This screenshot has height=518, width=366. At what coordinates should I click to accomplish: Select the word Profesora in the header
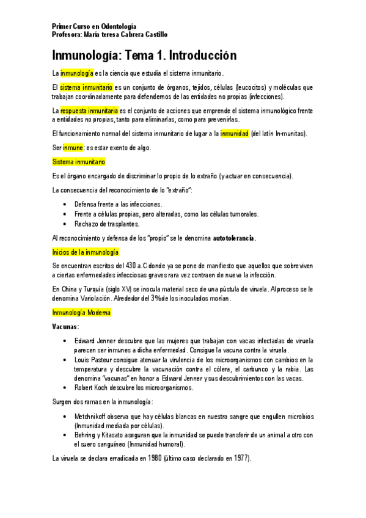click(67, 34)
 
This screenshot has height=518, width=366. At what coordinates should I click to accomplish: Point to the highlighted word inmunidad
click(235, 133)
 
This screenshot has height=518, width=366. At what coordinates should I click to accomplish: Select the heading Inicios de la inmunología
click(86, 252)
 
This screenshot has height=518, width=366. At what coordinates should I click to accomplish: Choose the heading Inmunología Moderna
click(82, 313)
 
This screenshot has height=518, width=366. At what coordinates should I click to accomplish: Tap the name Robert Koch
click(92, 387)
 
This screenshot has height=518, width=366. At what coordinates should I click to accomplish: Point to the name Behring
click(86, 435)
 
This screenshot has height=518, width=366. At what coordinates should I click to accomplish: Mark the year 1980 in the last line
click(149, 458)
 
